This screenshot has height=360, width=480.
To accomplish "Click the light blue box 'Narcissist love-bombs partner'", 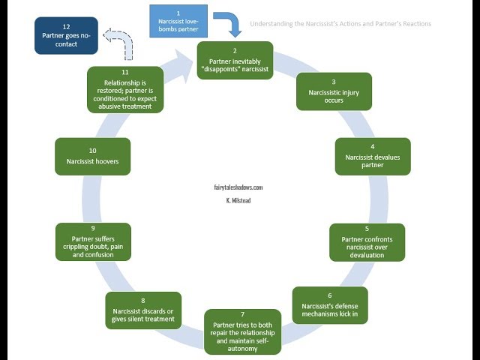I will tap(178, 21).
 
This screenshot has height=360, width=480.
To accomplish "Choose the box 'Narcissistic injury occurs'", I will tap(334, 91).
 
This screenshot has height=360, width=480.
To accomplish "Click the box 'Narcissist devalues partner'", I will tap(373, 156).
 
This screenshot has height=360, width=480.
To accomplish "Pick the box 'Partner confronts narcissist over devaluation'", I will tap(367, 241).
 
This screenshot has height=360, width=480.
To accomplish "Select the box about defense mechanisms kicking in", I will tap(330, 304).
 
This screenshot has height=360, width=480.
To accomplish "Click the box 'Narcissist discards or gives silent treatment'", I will tap(142, 310).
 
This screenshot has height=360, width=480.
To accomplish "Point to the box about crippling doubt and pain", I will tap(93, 241).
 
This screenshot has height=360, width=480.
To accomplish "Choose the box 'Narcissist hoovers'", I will tap(92, 156).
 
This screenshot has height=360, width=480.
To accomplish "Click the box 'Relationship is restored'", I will tap(124, 91).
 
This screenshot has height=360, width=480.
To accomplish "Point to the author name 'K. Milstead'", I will tap(238, 201).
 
